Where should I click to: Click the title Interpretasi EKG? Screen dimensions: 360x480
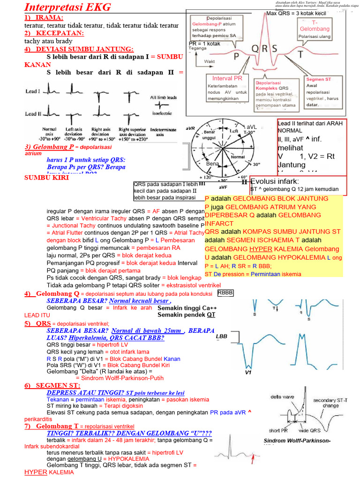coord(67,7)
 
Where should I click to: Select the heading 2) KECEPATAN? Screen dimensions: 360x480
coord(54,33)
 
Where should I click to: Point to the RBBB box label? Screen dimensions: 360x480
coord(225,293)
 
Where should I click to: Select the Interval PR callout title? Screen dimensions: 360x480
coord(227,78)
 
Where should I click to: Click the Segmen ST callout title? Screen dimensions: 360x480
coord(319,79)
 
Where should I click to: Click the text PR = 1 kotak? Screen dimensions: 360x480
coord(204,44)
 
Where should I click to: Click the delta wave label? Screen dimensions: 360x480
coord(282,397)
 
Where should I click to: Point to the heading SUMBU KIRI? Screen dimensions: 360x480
coord(44,178)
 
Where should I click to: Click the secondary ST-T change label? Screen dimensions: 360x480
coord(330,403)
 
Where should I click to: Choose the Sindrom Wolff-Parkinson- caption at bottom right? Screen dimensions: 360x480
coord(297,441)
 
